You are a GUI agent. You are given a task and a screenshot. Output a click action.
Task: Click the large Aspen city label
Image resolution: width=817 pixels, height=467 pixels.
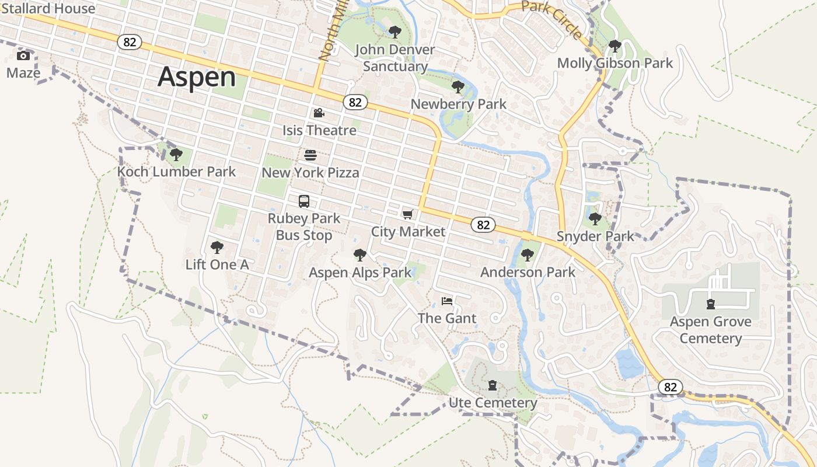[x=197, y=77]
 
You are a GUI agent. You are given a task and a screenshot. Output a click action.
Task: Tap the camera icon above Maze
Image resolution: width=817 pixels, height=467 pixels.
[x=23, y=56]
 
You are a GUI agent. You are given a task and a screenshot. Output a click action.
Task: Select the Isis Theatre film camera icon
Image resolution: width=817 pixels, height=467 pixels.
[x=319, y=113]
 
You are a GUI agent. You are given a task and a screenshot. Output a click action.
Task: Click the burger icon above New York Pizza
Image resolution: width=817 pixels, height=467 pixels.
[x=310, y=155]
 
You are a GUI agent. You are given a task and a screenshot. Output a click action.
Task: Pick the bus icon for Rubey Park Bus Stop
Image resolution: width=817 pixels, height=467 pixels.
[x=304, y=201]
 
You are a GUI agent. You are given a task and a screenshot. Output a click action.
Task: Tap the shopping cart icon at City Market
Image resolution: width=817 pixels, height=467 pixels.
[x=408, y=215]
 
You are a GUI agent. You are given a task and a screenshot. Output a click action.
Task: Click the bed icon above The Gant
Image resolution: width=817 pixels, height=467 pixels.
[x=447, y=301]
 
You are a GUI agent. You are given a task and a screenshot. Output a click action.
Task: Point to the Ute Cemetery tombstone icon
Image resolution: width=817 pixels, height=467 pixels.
[x=493, y=385]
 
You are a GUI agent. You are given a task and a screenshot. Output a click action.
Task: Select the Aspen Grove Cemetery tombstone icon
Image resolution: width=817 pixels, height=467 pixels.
[x=710, y=304]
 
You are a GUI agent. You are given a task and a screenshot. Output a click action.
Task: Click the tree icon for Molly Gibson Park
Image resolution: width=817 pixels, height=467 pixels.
[x=615, y=46]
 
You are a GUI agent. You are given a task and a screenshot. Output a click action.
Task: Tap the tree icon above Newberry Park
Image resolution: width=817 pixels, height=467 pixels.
[x=458, y=87]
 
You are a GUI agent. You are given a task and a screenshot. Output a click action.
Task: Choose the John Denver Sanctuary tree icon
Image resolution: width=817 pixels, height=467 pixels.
[x=395, y=32]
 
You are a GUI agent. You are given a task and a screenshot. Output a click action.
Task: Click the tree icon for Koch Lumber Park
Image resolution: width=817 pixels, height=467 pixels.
[x=176, y=155]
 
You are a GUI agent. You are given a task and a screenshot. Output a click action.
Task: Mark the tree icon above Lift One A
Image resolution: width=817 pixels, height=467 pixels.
[x=217, y=248]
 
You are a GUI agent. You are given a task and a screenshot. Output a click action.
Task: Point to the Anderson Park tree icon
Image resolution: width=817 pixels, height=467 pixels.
[x=528, y=255]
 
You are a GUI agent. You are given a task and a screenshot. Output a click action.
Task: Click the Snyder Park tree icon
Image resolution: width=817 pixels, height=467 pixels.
[x=595, y=219]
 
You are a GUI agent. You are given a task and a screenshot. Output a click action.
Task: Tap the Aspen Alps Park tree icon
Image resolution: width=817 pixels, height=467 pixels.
[x=360, y=255]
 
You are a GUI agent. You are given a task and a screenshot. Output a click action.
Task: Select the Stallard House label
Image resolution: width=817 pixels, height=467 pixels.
[x=48, y=9]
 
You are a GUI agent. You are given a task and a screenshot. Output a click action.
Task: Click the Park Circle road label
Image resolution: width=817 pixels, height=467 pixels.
[x=552, y=19]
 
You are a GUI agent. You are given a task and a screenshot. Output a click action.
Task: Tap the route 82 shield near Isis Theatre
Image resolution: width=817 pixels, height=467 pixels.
[x=355, y=102]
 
